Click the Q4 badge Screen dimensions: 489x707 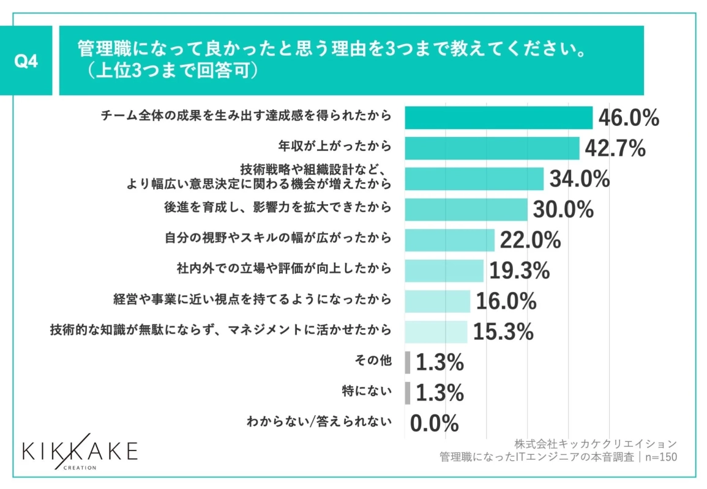pos(27,61)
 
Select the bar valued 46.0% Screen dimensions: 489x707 pos(498,118)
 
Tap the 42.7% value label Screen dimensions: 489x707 pos(615,148)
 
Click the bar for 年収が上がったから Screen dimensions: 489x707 pos(492,148)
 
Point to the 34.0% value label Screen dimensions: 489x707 pos(579,179)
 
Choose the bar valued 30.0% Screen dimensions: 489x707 pos(466,209)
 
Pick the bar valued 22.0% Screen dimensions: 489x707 pos(449,240)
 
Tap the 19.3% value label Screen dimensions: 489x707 pos(519,270)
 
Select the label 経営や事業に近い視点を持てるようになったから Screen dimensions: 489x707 pos(252,300)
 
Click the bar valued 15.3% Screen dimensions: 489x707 pos(436,332)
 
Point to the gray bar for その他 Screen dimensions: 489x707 pos(408,362)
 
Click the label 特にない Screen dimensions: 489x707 pos(366,391)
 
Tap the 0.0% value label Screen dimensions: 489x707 pos(434,422)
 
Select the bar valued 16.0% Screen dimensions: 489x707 pos(437,301)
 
